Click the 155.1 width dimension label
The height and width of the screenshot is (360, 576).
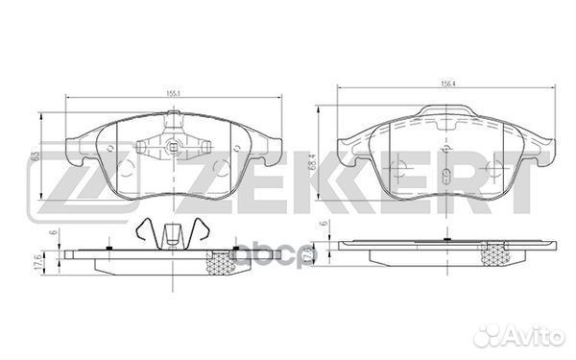tap(173, 94)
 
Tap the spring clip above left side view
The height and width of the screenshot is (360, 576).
tap(173, 233)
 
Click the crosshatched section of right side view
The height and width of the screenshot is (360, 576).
tap(496, 254)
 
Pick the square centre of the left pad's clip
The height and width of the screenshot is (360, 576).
tap(173, 148)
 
